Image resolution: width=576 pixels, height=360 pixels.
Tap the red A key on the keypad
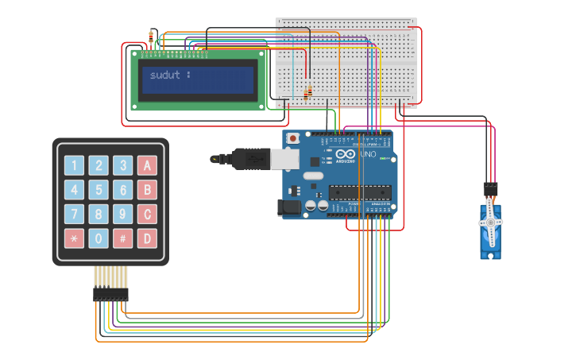click(147, 165)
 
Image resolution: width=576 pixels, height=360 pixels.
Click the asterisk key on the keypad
click(74, 238)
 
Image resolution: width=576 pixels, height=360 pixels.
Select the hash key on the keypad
click(122, 238)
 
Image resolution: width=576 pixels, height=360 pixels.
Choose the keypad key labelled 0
click(99, 238)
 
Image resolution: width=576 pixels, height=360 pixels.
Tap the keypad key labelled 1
click(74, 165)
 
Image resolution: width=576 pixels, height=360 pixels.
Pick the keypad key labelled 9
click(122, 214)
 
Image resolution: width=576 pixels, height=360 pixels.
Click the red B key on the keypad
click(147, 190)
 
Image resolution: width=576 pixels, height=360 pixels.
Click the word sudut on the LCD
click(165, 75)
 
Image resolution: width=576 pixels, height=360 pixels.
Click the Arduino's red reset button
click(293, 138)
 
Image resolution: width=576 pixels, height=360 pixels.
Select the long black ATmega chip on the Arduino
click(361, 192)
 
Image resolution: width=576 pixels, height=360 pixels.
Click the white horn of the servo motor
click(490, 223)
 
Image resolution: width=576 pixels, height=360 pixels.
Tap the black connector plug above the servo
click(491, 190)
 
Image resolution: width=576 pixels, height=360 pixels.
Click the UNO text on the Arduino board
click(369, 154)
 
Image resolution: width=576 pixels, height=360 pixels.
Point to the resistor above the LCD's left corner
click(151, 36)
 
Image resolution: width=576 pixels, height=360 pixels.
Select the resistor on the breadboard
click(308, 94)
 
